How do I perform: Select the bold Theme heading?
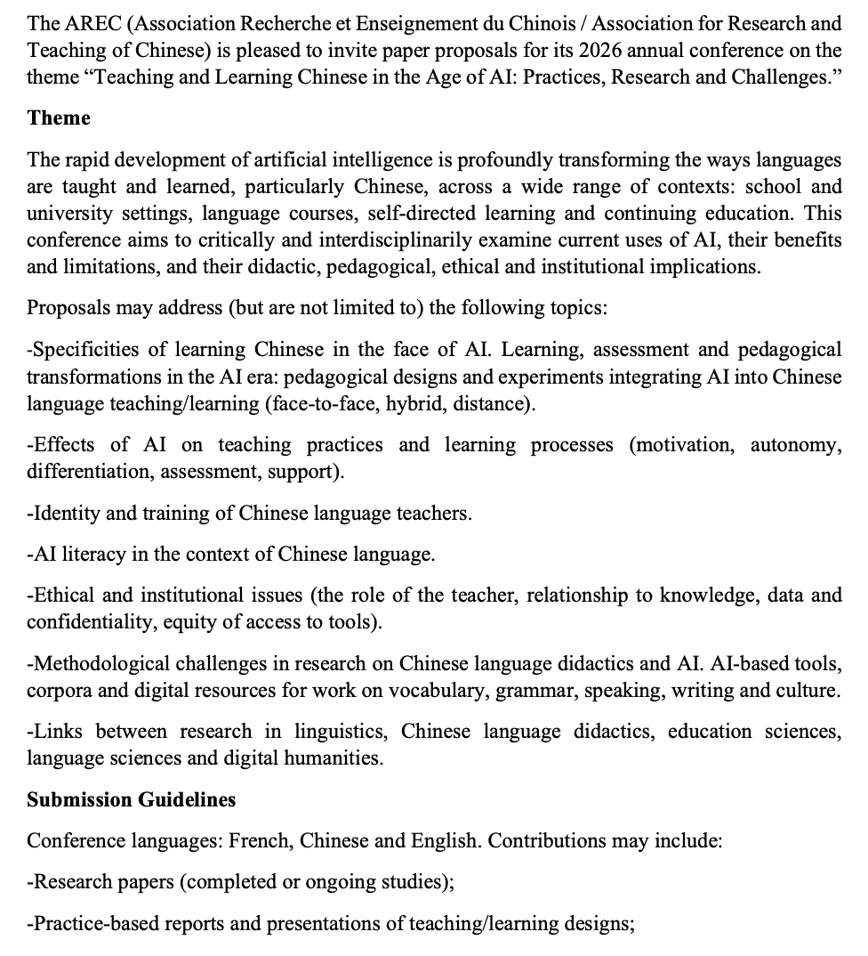59,118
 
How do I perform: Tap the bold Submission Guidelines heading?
131,799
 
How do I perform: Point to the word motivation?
681,444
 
